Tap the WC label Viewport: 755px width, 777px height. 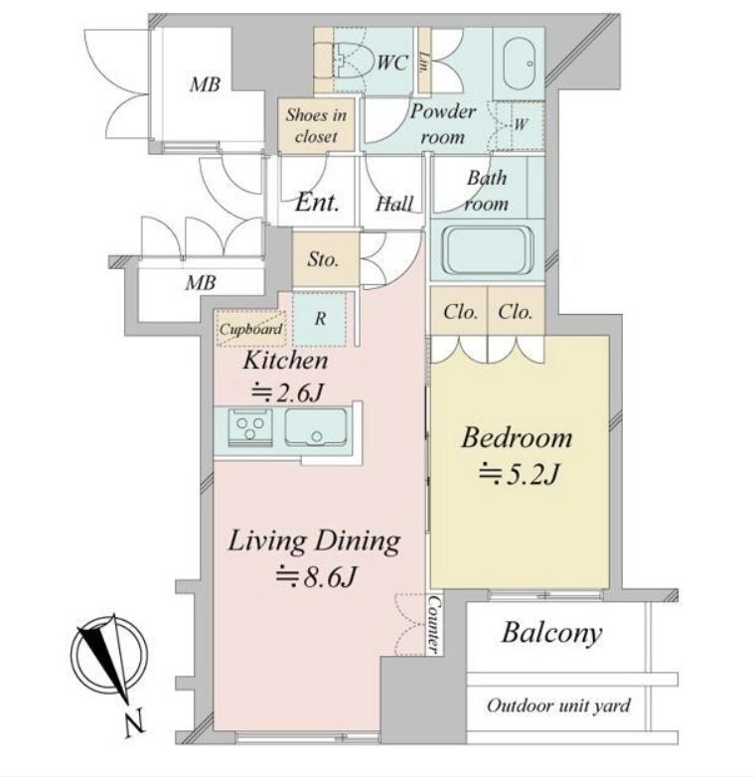point(392,63)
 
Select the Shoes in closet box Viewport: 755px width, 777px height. point(316,124)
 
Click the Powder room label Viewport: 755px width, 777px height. point(442,124)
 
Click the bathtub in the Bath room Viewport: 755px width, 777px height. point(488,250)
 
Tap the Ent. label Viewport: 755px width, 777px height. point(317,203)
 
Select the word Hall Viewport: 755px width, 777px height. point(393,204)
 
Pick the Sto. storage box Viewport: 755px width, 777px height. point(326,259)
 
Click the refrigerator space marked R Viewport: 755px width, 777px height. point(320,319)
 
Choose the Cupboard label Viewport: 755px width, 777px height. point(250,329)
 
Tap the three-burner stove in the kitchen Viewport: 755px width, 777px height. point(249,426)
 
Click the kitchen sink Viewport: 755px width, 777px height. point(315,426)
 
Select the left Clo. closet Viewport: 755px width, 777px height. point(459,311)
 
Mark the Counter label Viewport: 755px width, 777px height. point(433,623)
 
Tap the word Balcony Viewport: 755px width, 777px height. point(552,633)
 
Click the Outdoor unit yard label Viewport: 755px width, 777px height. point(558,705)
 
